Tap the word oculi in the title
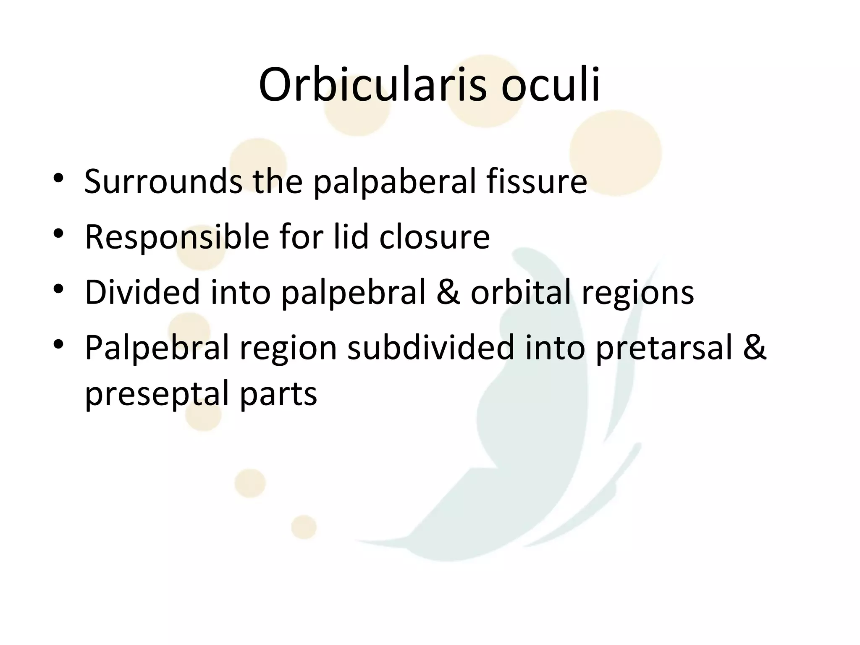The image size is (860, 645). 551,85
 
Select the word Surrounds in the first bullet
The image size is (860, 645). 163,181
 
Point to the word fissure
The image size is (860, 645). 536,181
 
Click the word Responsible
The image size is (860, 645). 176,238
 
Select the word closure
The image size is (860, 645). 434,237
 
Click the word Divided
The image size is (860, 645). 142,292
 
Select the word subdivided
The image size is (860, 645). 430,348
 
